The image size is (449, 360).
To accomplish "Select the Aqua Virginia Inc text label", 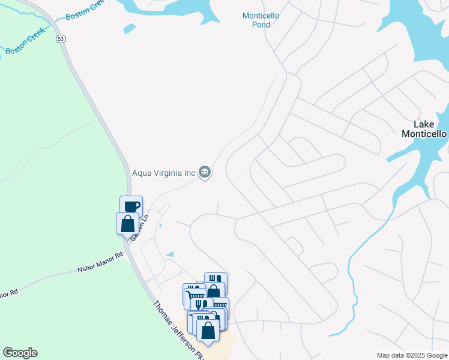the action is [x=164, y=173].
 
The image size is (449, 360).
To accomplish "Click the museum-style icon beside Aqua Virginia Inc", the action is [x=205, y=173].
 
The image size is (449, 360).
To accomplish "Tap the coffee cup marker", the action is [x=131, y=206].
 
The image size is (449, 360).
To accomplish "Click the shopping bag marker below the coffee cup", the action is [x=127, y=223].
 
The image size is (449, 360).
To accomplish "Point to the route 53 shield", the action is [x=61, y=39].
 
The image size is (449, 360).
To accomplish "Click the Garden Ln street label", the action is [x=136, y=229].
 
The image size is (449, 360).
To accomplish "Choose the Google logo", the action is [x=20, y=353].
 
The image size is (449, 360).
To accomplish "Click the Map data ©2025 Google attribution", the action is [x=412, y=355].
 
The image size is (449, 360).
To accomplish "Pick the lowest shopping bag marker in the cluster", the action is [x=208, y=330].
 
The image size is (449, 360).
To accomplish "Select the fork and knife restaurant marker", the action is [x=201, y=304].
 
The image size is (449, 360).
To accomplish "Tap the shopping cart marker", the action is [x=193, y=294].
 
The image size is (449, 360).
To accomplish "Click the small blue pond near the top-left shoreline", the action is [x=129, y=28].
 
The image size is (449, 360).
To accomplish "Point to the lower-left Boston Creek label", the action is [x=22, y=47].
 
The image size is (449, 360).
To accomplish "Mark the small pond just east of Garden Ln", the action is [x=160, y=226].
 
